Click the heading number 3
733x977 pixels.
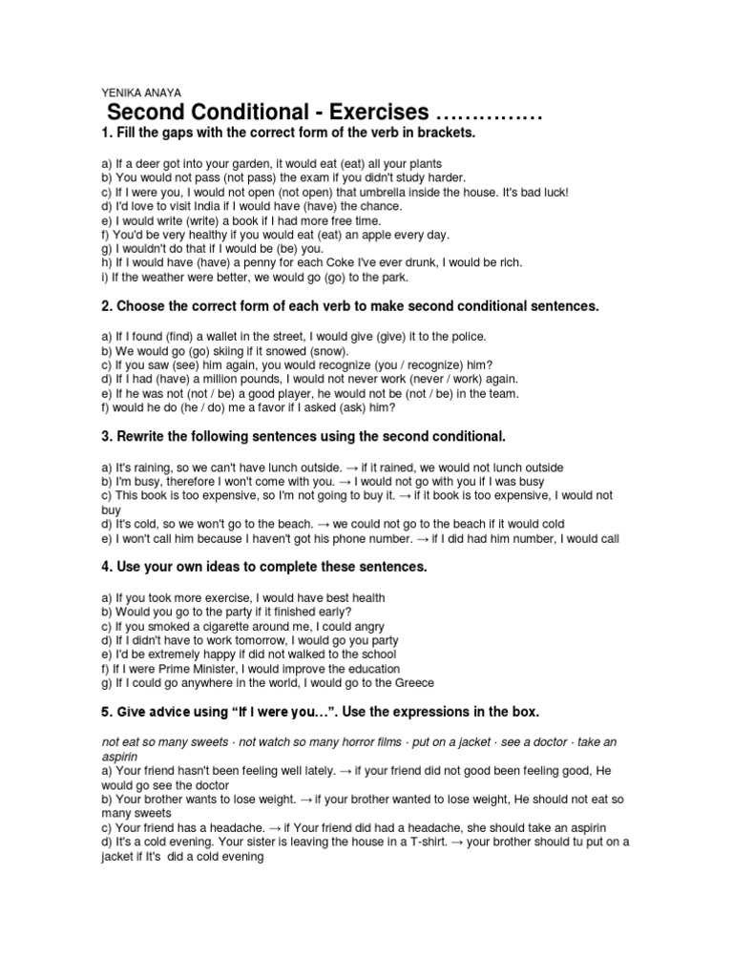coord(106,436)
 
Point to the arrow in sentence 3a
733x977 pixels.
coord(349,468)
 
